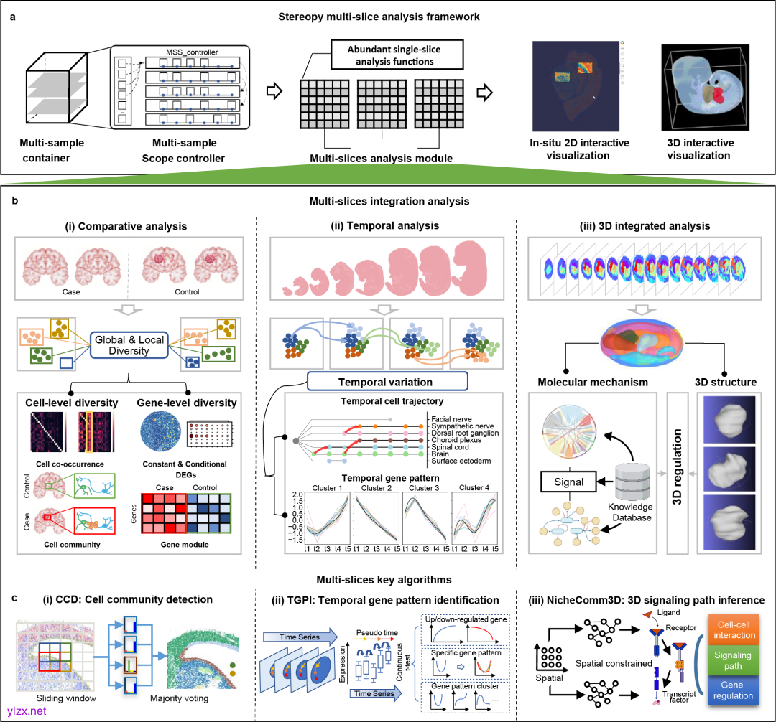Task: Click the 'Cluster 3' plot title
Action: point(422,488)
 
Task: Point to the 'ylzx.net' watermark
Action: point(27,710)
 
